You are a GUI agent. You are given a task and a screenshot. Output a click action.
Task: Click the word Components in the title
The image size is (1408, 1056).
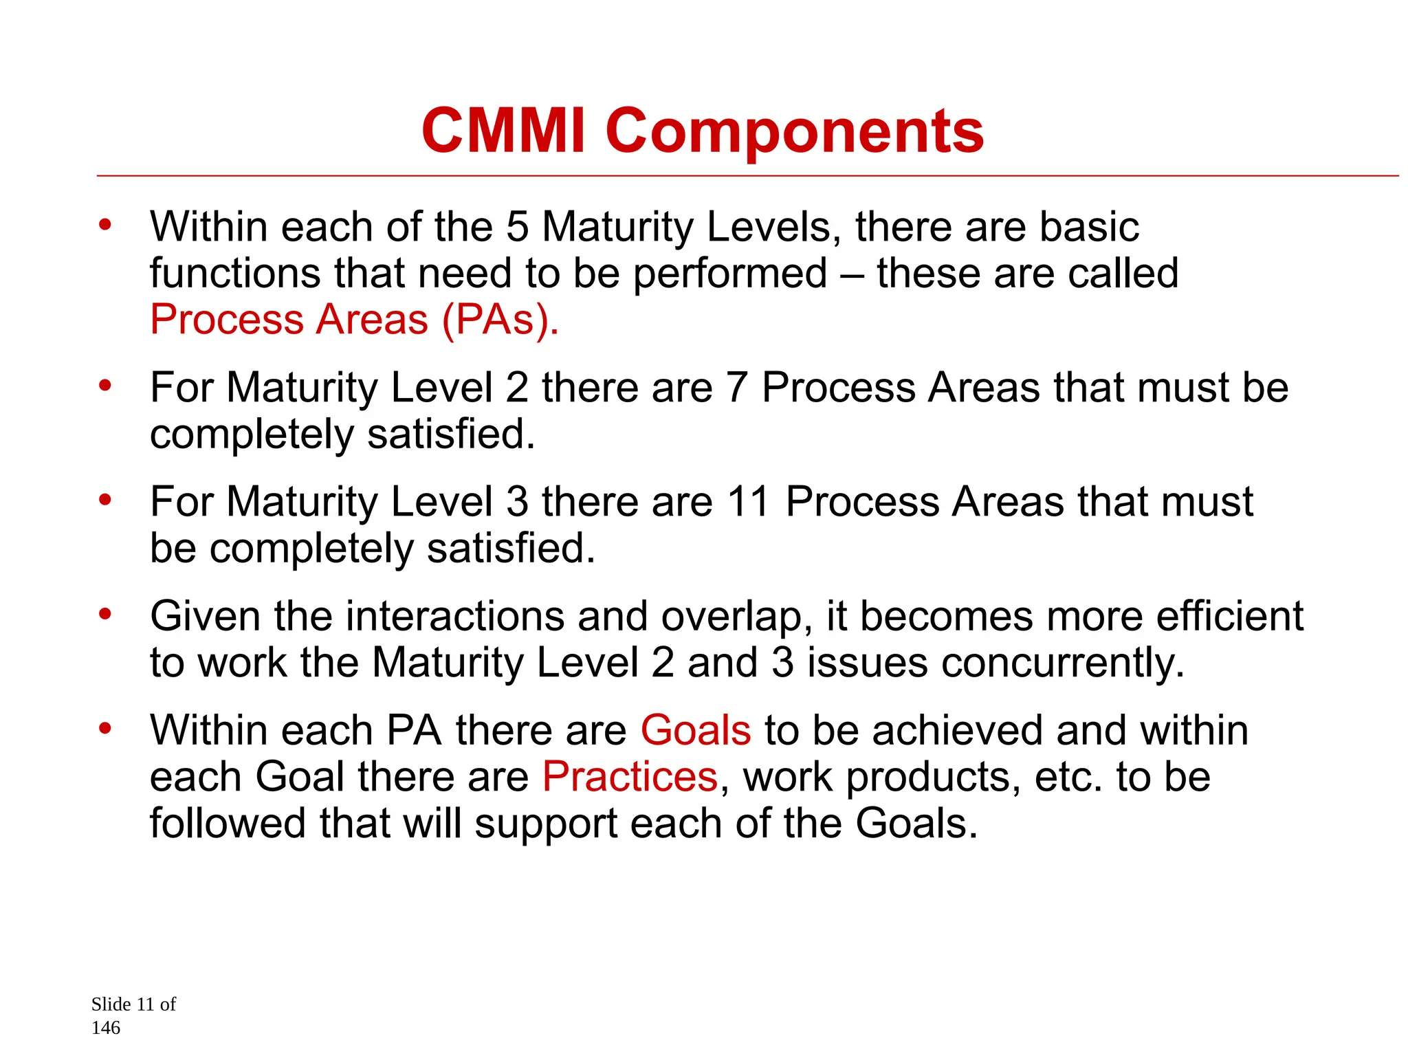(794, 132)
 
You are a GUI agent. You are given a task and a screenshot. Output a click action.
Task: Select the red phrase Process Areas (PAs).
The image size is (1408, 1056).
(354, 320)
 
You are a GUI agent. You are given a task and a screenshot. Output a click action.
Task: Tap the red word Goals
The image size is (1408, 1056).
(696, 730)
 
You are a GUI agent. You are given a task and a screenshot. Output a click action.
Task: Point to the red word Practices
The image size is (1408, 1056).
(630, 777)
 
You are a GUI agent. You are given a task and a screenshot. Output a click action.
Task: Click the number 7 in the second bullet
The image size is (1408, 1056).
(736, 388)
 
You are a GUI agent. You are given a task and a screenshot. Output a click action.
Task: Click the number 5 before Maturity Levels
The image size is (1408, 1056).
(517, 227)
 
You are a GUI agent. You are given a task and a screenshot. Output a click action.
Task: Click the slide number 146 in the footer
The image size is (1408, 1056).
(106, 1028)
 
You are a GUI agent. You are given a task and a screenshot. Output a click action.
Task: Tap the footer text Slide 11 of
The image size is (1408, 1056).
(133, 1004)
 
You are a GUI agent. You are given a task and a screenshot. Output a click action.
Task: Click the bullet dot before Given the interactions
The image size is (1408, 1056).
(104, 613)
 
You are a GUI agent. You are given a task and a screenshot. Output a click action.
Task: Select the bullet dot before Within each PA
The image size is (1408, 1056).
(104, 727)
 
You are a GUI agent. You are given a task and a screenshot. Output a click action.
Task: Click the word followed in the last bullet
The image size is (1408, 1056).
(227, 824)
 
